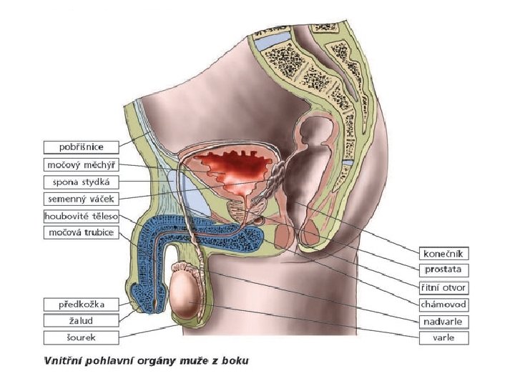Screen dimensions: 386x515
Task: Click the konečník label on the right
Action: [444, 253]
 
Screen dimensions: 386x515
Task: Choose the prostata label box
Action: [444, 270]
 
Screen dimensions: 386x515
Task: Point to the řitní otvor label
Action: [444, 287]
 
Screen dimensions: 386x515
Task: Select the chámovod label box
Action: [444, 305]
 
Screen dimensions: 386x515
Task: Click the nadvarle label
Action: [444, 322]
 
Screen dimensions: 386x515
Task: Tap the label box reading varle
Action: [444, 338]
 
